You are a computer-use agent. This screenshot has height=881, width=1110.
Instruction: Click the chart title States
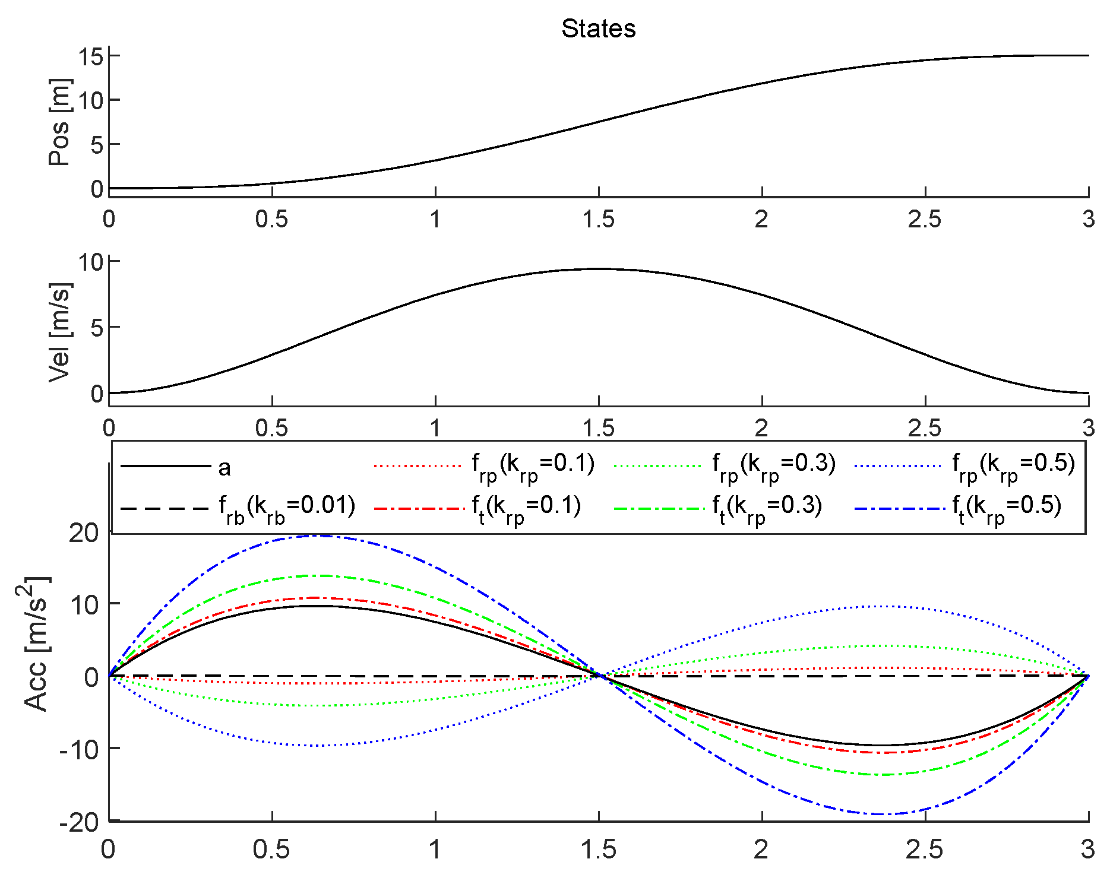point(598,28)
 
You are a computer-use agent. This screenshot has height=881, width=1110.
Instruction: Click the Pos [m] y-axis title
point(59,122)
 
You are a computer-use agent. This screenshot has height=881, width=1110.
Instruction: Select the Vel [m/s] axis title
point(59,332)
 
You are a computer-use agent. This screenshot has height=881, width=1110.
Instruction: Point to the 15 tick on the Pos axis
point(91,57)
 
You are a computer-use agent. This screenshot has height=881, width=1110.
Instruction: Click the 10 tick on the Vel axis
point(91,262)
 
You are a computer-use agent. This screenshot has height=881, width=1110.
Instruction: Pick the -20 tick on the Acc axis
point(79,822)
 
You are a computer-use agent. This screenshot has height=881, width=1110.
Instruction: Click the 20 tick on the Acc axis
point(83,533)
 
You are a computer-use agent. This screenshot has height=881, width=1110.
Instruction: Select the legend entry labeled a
point(224,468)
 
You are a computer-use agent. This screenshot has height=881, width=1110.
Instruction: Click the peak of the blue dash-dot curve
point(315,535)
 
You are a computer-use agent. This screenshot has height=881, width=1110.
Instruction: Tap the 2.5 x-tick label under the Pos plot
point(925,220)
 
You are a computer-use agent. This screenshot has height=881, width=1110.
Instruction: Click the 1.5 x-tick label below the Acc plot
point(599,850)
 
